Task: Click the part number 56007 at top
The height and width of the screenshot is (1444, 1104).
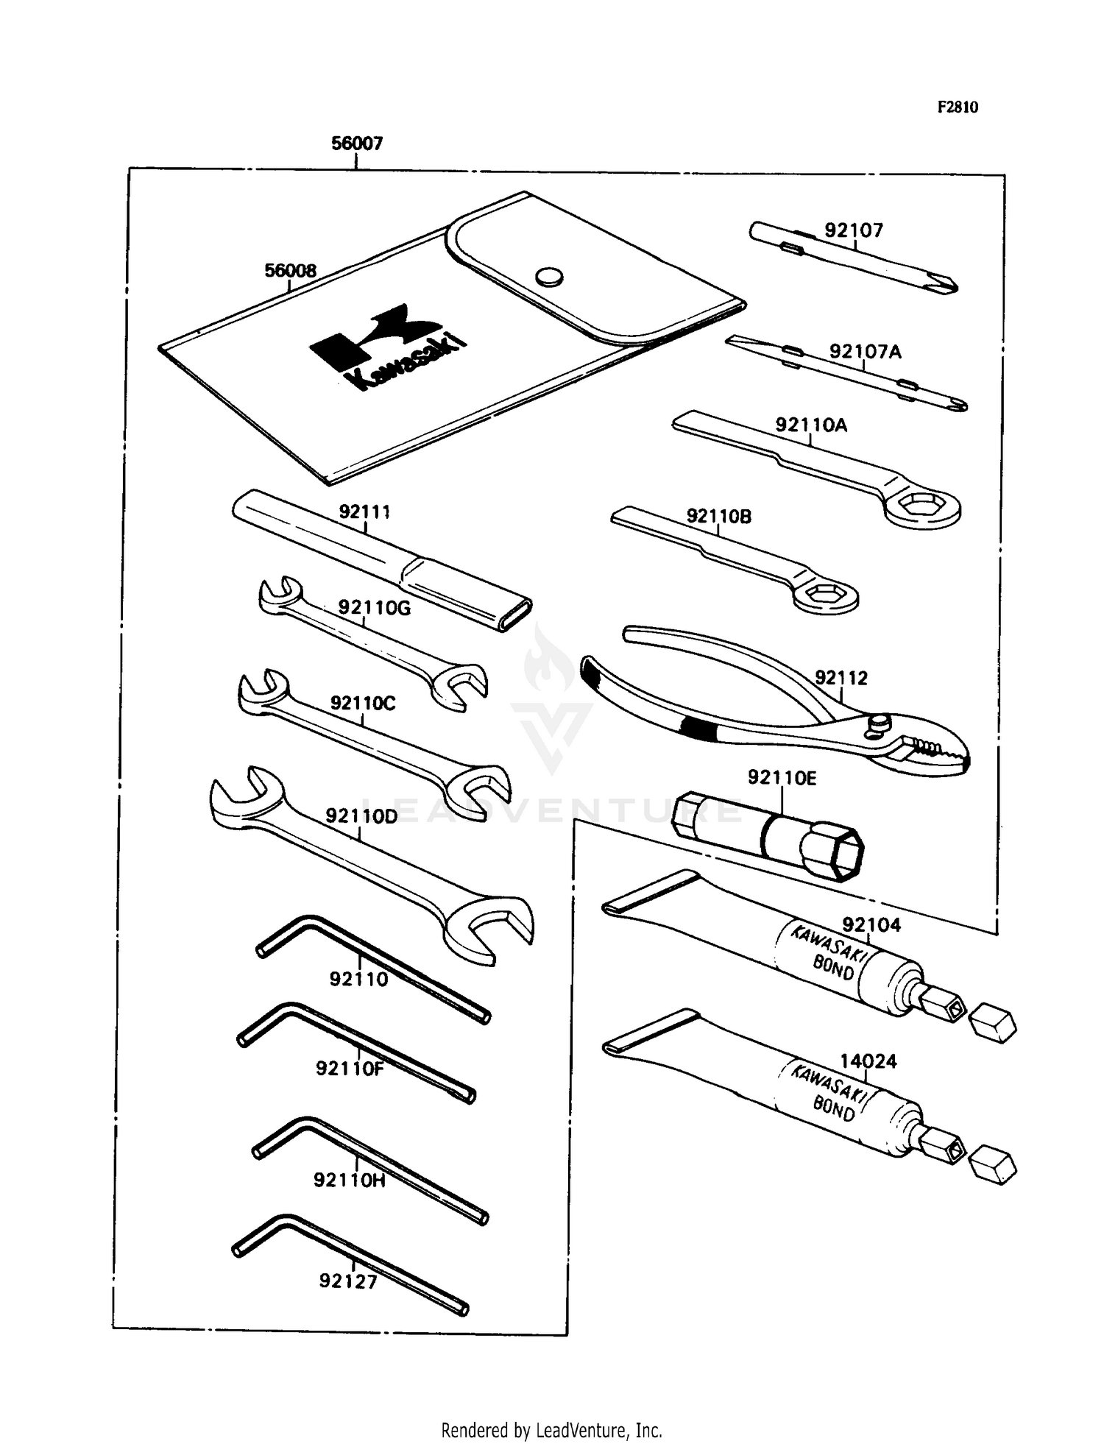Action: click(357, 143)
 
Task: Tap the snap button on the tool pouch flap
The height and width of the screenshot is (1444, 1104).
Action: click(548, 277)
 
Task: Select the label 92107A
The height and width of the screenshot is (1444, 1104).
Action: click(865, 351)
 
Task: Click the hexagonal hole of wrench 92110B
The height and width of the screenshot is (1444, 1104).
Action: click(826, 595)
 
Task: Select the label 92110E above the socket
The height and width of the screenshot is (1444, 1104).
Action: click(782, 778)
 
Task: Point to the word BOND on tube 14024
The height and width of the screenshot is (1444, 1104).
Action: click(833, 1108)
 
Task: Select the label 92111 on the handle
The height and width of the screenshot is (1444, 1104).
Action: click(364, 512)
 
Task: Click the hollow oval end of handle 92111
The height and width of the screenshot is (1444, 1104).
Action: click(515, 615)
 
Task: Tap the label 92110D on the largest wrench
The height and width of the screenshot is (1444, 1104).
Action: click(361, 816)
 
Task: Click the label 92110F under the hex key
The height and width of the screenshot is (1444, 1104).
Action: click(350, 1068)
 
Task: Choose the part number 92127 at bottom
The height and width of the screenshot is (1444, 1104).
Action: click(347, 1281)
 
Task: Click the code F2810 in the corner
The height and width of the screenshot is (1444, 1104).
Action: click(958, 107)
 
